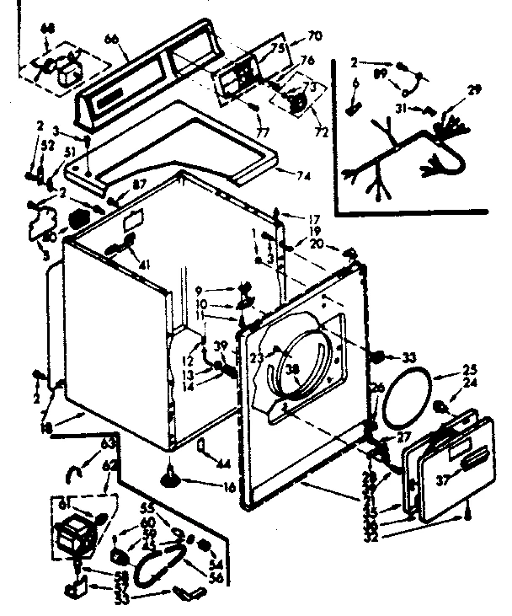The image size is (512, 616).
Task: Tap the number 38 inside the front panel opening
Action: (292, 367)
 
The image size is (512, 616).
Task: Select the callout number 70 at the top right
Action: (292, 36)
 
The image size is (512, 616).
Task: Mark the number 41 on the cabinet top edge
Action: (145, 266)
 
